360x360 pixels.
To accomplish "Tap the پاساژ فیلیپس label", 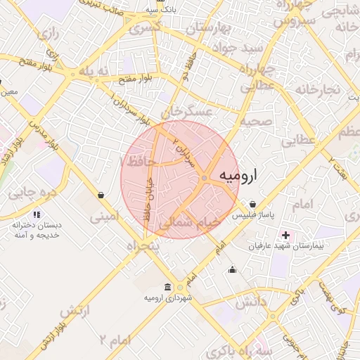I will tap(252, 214).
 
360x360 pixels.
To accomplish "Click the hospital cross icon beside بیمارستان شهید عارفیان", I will tap(285, 234).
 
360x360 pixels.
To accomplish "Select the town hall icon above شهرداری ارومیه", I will tap(167, 287).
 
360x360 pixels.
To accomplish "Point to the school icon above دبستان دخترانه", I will tap(37, 214).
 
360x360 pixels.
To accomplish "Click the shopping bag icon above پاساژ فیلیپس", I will tap(252, 204).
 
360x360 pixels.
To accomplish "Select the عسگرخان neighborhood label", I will tap(186, 112).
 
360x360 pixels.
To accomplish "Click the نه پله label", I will tap(94, 72).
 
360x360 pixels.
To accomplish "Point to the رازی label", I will tap(48, 34).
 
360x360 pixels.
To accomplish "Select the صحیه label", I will tap(256, 122).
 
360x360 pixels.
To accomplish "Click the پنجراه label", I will tap(143, 246).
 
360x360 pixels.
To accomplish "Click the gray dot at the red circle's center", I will tap(204, 179).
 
